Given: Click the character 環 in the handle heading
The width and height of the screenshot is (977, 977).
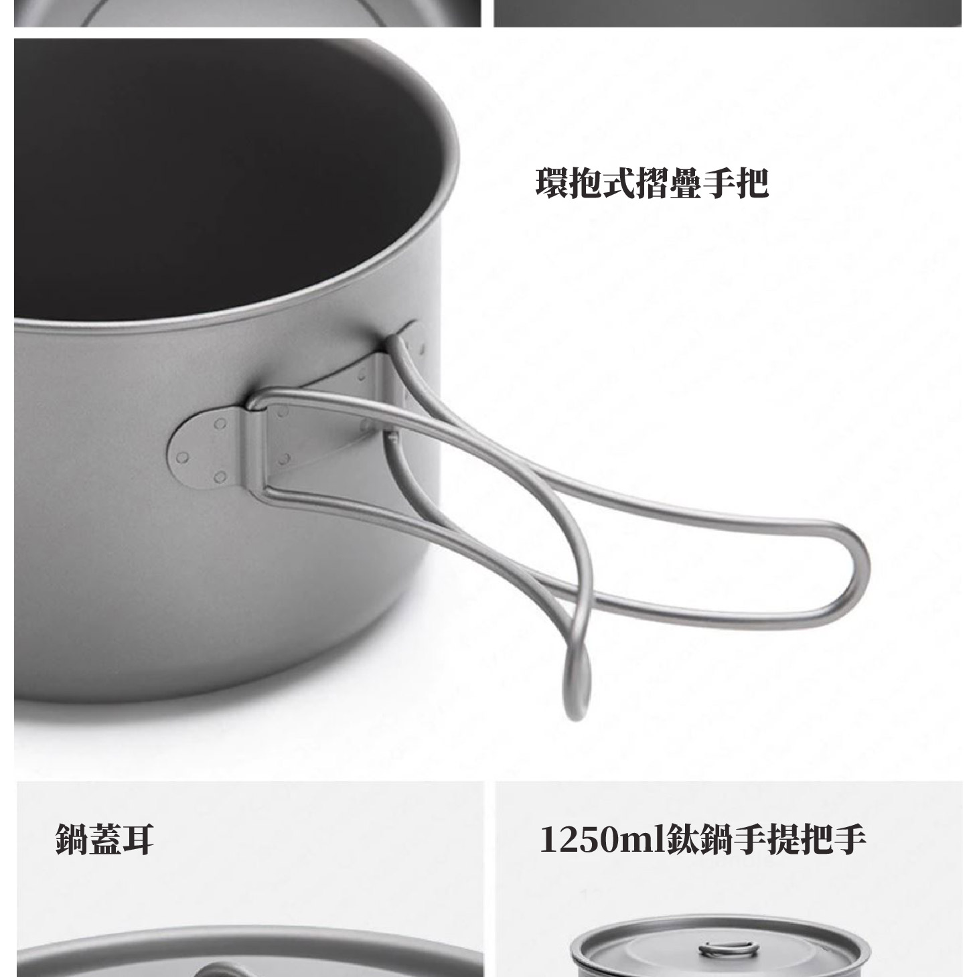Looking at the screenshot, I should coord(552,183).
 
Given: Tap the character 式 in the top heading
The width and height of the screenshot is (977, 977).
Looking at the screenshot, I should coord(619,183).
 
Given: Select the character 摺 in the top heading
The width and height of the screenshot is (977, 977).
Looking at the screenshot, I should coord(653,183).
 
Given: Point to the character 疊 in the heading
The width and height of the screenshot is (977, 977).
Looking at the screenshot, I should coord(686,183).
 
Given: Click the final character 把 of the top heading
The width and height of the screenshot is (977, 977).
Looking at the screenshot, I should coord(753,183).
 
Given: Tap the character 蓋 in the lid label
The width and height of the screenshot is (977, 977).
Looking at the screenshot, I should coord(105,838).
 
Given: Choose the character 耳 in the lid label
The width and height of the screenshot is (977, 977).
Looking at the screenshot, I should coord(138,838).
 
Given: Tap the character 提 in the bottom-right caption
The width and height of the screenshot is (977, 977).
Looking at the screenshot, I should coord(783,840).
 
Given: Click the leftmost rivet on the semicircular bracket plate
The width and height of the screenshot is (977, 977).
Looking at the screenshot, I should coord(182,457).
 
